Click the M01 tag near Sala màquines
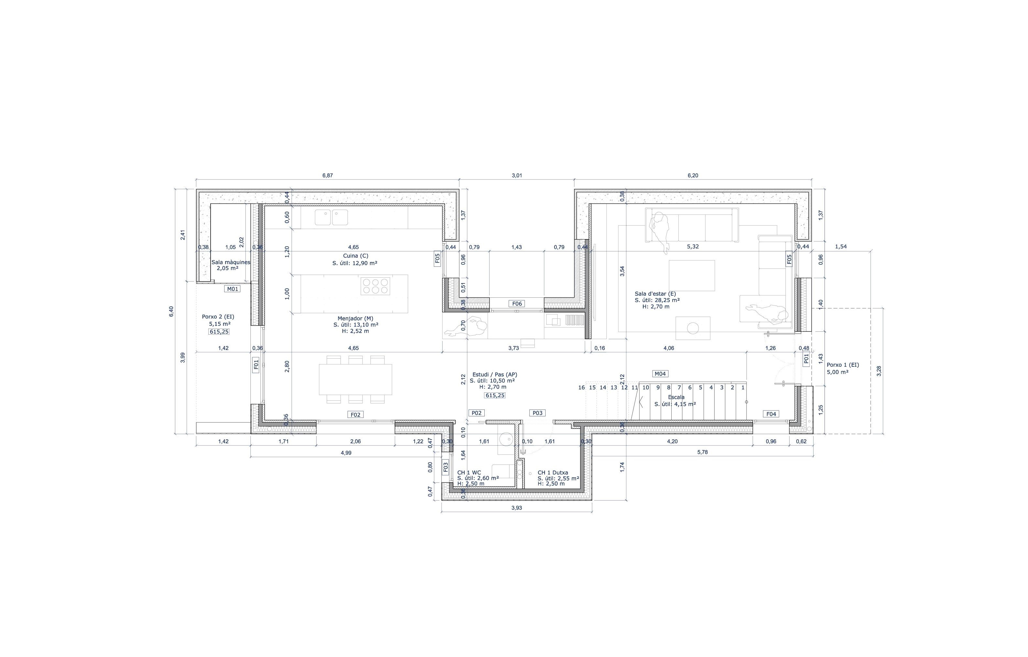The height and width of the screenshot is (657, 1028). (232, 289)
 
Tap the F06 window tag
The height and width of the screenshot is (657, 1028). (516, 304)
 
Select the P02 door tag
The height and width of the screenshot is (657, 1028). (477, 413)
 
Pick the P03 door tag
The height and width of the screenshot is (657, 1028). (537, 413)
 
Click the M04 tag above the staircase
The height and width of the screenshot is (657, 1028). (660, 374)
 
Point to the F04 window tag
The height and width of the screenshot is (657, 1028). (771, 414)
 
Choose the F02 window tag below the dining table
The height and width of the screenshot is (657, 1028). (356, 415)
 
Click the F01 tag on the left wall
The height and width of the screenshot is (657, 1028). (256, 364)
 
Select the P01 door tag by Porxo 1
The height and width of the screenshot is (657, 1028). (806, 359)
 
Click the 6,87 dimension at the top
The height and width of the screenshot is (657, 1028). (328, 176)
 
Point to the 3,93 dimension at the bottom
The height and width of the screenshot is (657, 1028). (516, 508)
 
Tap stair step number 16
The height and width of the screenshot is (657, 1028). (582, 388)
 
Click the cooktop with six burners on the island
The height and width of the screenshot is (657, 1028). (375, 286)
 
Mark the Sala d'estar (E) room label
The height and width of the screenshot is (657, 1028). (655, 294)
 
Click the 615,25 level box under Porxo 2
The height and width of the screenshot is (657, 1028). (219, 332)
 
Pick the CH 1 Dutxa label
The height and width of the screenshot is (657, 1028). (552, 473)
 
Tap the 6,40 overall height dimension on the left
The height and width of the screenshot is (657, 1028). (171, 312)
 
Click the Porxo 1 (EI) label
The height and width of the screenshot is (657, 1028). (843, 365)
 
